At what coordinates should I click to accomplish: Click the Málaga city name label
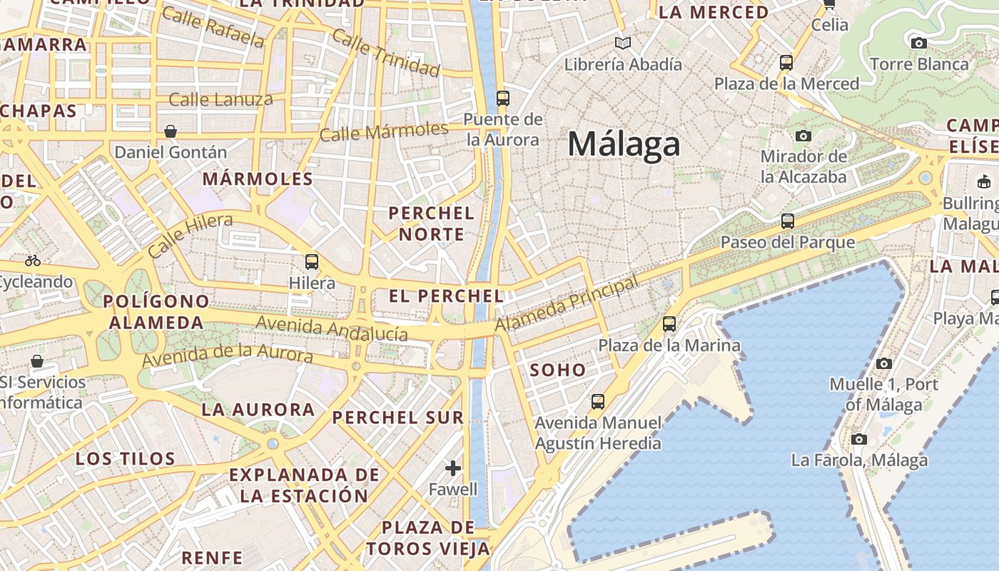[624, 145]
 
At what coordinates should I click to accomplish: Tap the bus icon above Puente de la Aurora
[503, 98]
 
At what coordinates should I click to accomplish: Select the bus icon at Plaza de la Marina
[669, 324]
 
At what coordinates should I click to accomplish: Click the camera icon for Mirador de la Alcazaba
[803, 136]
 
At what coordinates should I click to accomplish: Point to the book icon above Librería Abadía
[623, 44]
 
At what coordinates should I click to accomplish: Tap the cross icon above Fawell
[453, 468]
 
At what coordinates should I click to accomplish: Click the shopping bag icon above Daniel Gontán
[171, 131]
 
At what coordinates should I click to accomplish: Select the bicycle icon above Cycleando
[33, 261]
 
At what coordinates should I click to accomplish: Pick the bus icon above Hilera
[312, 262]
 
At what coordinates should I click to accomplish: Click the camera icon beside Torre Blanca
[919, 44]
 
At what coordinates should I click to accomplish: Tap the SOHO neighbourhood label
[558, 370]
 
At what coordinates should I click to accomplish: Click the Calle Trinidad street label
[386, 54]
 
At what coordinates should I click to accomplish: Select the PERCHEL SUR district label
[398, 418]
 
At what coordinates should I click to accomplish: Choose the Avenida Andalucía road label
[332, 328]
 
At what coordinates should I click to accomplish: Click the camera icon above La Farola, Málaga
[859, 439]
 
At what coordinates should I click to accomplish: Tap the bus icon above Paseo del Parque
[788, 221]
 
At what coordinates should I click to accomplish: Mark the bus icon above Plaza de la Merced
[786, 63]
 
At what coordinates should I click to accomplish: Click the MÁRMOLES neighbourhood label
[258, 178]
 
